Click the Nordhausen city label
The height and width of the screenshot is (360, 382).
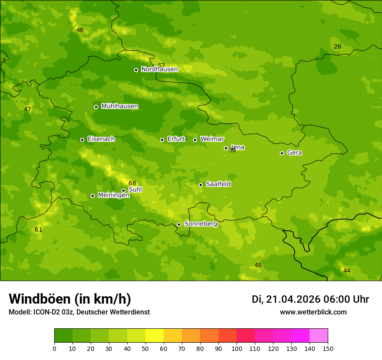(x=159, y=69)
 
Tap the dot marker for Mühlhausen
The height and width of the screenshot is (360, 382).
(x=96, y=107)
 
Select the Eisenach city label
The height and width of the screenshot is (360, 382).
(x=101, y=139)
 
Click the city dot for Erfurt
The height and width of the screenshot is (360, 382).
(x=162, y=140)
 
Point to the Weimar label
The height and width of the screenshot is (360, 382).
(x=212, y=139)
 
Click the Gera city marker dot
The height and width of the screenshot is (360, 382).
(x=282, y=153)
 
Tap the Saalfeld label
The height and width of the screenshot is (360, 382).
(x=218, y=184)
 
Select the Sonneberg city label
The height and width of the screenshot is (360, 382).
(x=201, y=224)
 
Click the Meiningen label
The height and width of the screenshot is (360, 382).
(x=113, y=195)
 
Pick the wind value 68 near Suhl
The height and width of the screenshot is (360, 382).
(x=132, y=183)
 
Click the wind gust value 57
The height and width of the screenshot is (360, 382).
(x=161, y=65)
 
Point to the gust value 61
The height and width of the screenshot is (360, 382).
(x=39, y=229)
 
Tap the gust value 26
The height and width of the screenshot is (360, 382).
(x=338, y=46)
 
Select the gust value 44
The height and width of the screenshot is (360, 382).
(x=347, y=271)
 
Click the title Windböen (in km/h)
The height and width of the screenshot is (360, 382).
(x=70, y=299)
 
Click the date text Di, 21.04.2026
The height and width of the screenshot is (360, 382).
(x=286, y=299)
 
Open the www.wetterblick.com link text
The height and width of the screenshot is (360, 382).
(x=313, y=312)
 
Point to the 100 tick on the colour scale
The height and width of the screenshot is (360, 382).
(x=237, y=348)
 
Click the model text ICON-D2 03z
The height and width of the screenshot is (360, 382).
(x=53, y=312)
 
